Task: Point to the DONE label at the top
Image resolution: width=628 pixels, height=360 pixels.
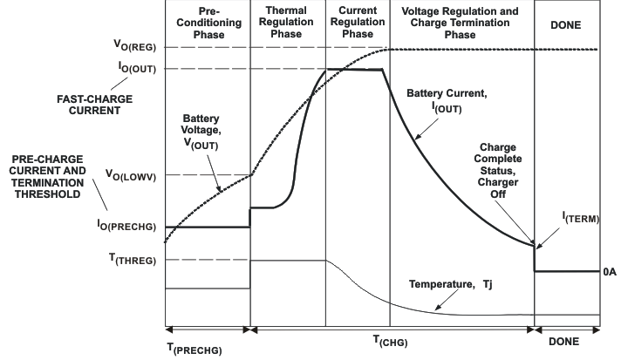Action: point(567,26)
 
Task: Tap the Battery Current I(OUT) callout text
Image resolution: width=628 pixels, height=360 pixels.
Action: point(448,98)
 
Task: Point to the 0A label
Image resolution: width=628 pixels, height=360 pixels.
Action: point(610,272)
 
